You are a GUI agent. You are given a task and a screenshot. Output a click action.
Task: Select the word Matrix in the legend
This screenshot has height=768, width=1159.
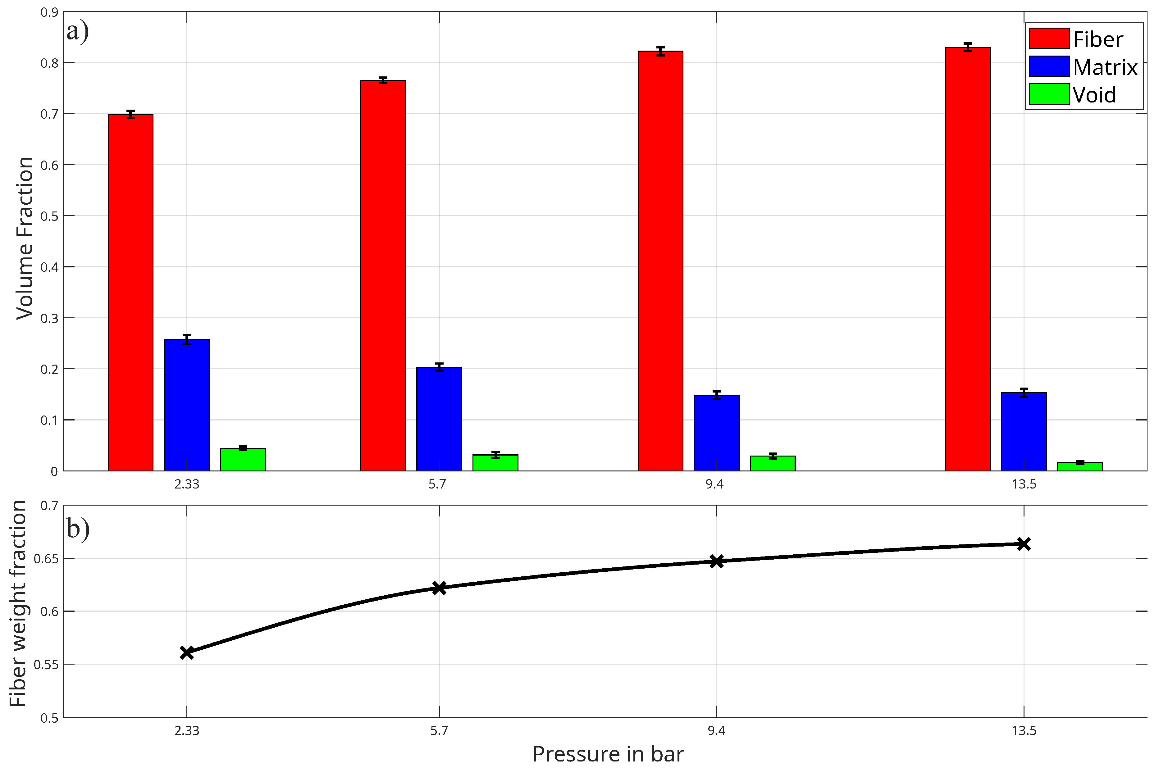point(1105,67)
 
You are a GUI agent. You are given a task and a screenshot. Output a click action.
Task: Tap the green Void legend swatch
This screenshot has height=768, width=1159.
point(1049,94)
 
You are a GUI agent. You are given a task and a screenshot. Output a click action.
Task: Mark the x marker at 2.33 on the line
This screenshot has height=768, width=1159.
point(187,652)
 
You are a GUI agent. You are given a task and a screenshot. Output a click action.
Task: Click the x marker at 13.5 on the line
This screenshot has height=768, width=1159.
point(1023,544)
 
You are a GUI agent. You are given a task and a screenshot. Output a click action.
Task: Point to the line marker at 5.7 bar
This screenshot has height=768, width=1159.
point(439,588)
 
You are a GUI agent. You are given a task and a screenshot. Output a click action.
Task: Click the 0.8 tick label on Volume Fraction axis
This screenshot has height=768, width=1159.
point(49,63)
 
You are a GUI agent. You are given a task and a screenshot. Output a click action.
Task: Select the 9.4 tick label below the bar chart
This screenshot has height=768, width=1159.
point(714,484)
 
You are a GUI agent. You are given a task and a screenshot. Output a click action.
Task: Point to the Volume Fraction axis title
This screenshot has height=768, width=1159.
point(25,238)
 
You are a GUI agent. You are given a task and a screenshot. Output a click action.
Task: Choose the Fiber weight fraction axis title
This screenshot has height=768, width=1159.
point(18,603)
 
